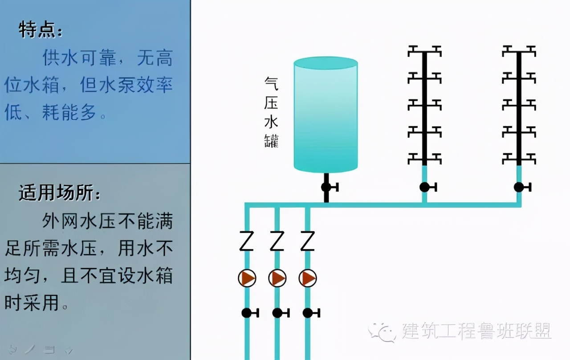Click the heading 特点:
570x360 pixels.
[41, 30]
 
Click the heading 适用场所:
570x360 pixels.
[60, 192]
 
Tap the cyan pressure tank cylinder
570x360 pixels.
[326, 115]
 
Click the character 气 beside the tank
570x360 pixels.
[271, 83]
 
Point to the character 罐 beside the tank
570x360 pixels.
[271, 140]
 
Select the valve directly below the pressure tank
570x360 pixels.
[329, 187]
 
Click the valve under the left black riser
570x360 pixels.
[428, 187]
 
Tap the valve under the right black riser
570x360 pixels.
[522, 187]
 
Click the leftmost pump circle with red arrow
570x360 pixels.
[247, 278]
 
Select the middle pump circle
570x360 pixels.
[277, 278]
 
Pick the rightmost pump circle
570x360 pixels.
[308, 278]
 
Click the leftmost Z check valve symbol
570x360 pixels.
[246, 241]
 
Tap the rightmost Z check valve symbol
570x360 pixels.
[307, 241]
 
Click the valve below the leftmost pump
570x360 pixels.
[250, 313]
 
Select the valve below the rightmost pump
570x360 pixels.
[311, 313]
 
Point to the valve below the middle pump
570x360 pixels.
[281, 313]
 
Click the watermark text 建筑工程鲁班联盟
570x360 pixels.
[476, 331]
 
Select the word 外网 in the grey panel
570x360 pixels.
[60, 221]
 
